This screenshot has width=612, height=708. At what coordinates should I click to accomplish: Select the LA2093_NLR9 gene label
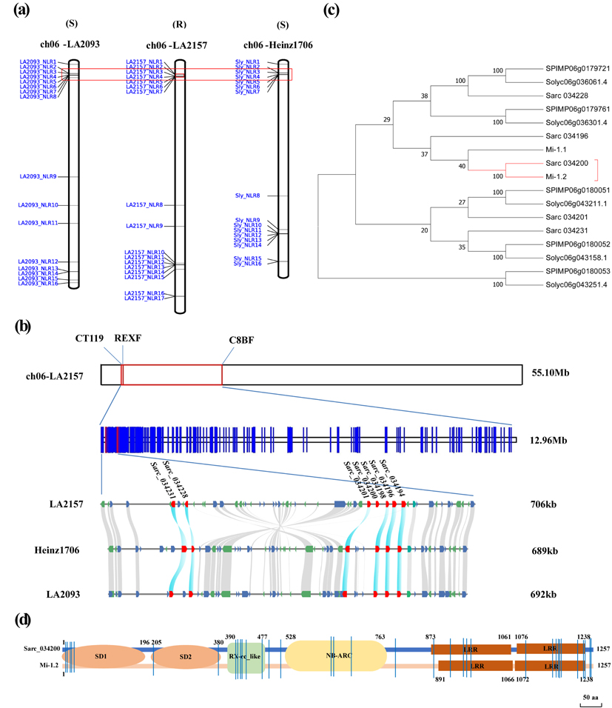(x=43, y=177)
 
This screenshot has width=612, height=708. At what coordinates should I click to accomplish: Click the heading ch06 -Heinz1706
(x=281, y=45)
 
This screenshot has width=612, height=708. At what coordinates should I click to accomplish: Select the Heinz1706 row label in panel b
(x=57, y=550)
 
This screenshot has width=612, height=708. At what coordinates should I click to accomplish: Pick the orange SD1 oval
(x=101, y=656)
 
